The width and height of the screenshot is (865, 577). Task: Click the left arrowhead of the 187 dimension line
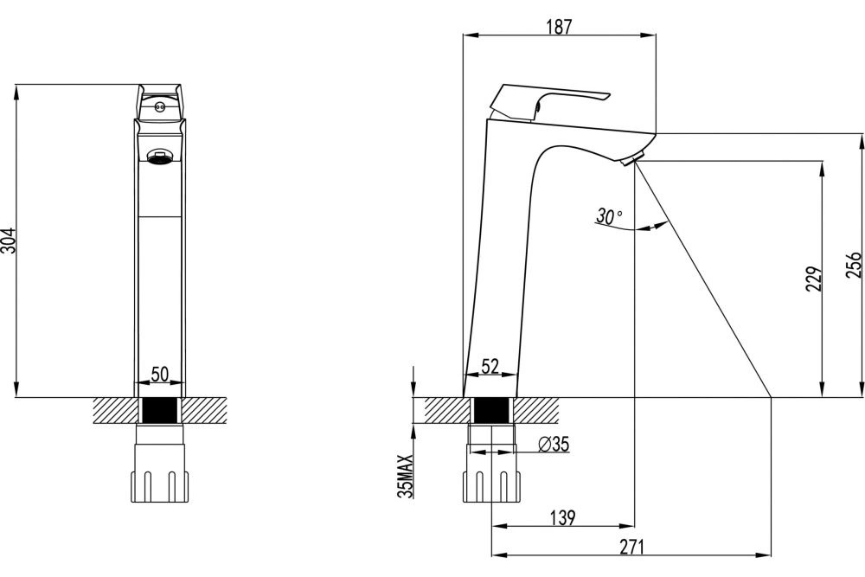coord(470,35)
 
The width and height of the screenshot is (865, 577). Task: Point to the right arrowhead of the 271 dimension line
coord(764,554)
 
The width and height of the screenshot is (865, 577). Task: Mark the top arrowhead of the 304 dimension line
coord(16,92)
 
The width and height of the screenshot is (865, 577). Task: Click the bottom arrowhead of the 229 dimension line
coord(823,389)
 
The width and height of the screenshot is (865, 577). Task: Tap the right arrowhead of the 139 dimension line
coord(628,526)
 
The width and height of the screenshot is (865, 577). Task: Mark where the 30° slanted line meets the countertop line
coord(771,396)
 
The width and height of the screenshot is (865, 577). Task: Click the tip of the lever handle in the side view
coord(609,96)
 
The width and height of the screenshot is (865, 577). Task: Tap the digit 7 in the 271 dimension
coord(631,547)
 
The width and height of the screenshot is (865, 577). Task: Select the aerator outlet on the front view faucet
coord(160,157)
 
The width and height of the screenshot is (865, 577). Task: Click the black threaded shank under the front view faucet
coord(159,410)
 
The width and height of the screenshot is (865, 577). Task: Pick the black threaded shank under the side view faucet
coord(491,410)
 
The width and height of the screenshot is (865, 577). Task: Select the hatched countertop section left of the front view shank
coord(115,410)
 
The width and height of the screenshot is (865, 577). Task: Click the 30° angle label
coord(609,216)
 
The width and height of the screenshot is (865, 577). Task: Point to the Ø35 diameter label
coord(554,444)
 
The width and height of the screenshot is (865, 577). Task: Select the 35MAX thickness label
coord(406,477)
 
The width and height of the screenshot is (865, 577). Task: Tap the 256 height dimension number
coord(853,266)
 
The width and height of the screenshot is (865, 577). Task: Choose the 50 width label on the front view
coord(159,374)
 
